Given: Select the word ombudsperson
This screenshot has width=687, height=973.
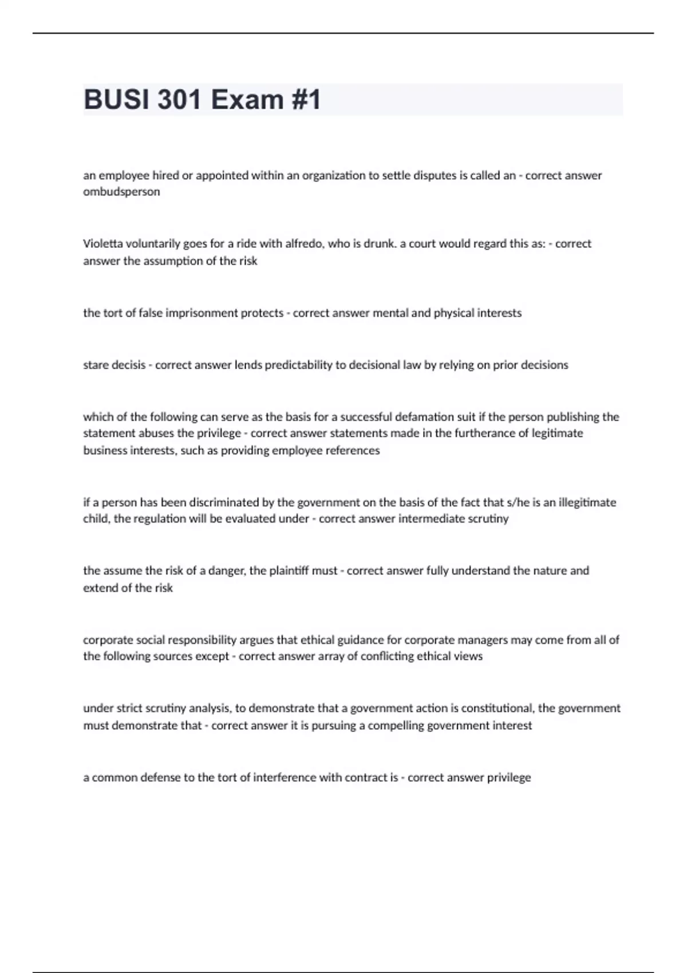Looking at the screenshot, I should click(x=121, y=192).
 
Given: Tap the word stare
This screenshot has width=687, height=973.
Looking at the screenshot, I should click(x=95, y=365).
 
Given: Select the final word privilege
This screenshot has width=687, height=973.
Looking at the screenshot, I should click(x=509, y=778).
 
